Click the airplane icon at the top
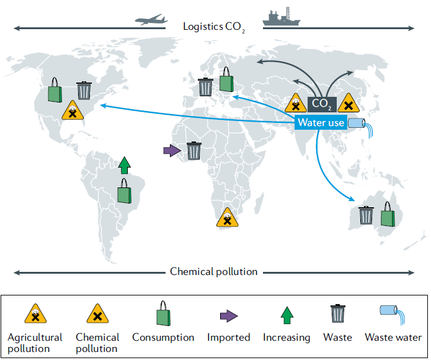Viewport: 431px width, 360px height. (x=151, y=19)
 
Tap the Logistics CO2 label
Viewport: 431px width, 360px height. (x=214, y=27)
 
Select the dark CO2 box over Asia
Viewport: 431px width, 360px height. (x=322, y=103)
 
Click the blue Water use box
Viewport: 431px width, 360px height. (x=321, y=122)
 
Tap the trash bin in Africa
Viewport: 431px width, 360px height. (x=194, y=150)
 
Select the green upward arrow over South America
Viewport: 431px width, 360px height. (x=125, y=165)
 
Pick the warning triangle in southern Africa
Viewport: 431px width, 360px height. (x=228, y=218)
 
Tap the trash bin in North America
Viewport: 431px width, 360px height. (x=84, y=91)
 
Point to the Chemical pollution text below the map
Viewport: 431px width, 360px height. (x=214, y=272)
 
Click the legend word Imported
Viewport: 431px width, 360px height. (x=229, y=338)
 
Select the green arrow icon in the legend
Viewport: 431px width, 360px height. (x=286, y=316)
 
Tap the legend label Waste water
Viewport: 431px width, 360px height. (x=393, y=338)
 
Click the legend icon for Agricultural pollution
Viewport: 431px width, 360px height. (x=35, y=315)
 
